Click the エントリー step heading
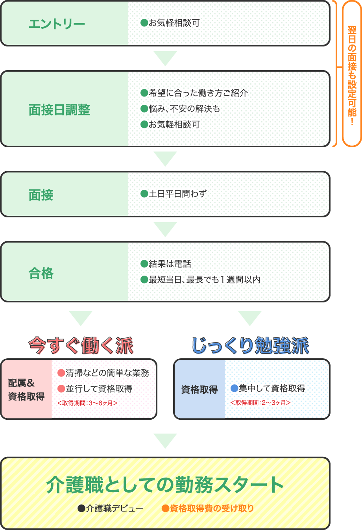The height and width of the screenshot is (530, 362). click(57, 24)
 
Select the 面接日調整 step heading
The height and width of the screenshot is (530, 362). click(59, 110)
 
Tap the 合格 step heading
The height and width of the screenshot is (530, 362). click(41, 273)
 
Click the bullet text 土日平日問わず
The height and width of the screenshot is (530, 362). click(177, 194)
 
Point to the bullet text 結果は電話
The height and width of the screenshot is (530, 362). click(170, 264)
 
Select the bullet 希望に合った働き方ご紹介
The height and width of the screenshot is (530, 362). click(198, 93)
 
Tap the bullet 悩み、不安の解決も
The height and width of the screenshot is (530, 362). click(184, 109)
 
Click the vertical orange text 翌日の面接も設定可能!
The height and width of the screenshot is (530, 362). click(352, 75)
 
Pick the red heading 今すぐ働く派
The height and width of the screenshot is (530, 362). click(81, 345)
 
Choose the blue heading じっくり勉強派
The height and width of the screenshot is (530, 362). click(250, 345)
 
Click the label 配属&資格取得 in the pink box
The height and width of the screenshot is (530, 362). click(26, 389)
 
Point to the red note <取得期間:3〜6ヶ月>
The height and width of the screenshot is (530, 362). click(87, 403)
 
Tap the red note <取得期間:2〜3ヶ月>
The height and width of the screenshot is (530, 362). click(260, 402)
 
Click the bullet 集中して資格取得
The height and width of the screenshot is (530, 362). click(271, 388)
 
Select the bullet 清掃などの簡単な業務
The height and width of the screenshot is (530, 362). click(107, 373)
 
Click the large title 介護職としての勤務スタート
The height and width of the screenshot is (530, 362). click(165, 485)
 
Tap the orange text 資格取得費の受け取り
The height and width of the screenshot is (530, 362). click(211, 508)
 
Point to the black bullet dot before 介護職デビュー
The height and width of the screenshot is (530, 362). click(81, 508)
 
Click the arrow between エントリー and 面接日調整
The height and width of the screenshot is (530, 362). click(165, 58)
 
